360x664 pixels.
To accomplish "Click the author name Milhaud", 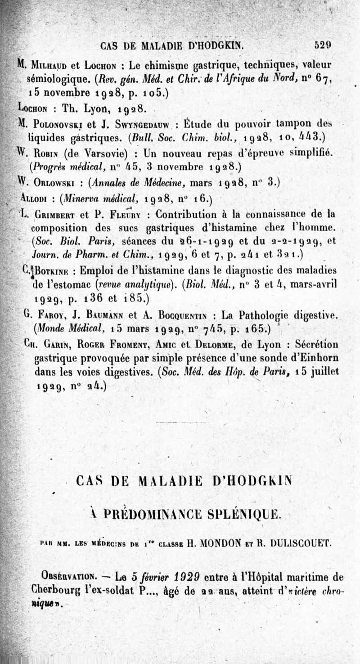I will pyautogui.click(x=46, y=64).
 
